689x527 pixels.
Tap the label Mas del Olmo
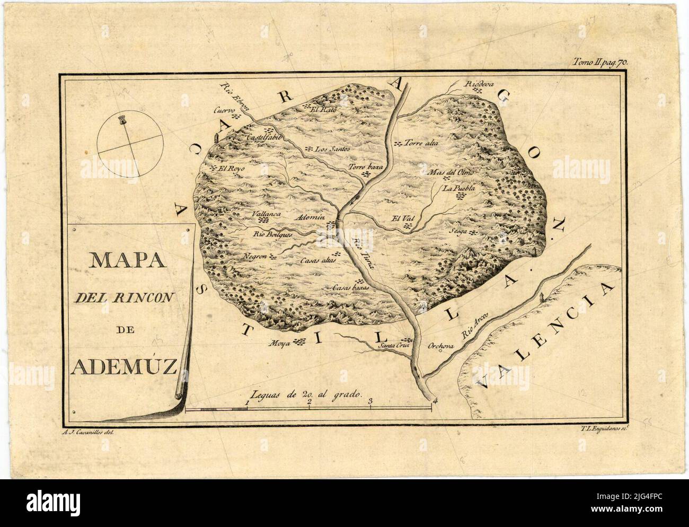(450, 172)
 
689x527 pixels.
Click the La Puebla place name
(459, 188)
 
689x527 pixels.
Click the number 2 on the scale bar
(309, 401)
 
